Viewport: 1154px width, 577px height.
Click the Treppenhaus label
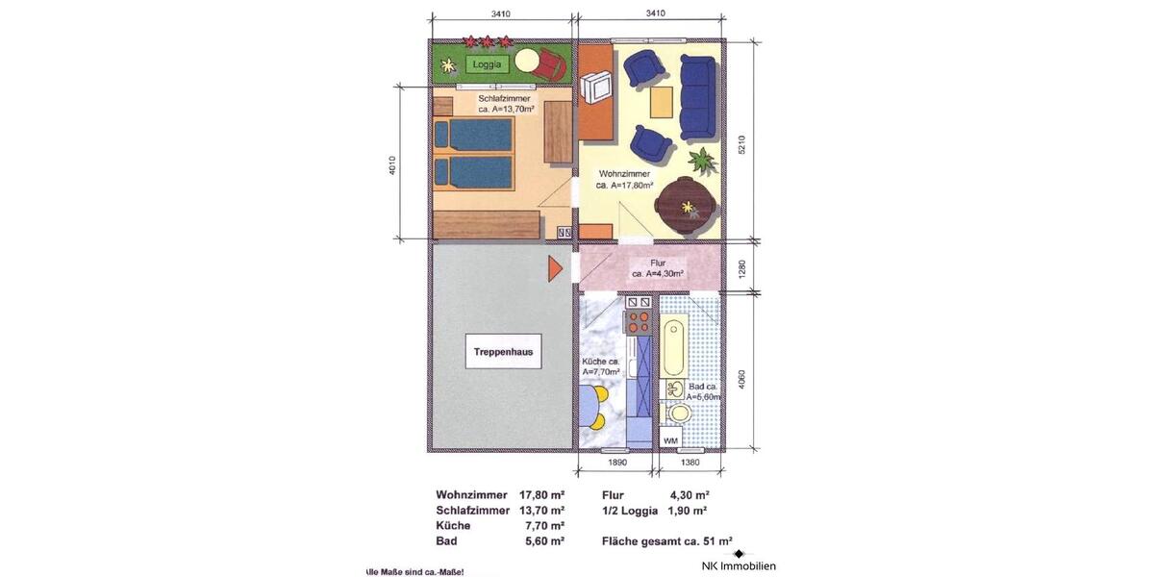pos(503,353)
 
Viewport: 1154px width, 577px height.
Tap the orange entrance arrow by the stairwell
pos(555,268)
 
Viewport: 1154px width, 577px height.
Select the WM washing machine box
pos(670,439)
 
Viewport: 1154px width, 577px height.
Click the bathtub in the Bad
pos(674,349)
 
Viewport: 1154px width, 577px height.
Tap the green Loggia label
pos(488,64)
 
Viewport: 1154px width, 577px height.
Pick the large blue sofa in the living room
pos(697,96)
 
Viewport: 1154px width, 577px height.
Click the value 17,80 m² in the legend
pos(541,494)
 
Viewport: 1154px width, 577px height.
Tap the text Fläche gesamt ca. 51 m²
pos(667,540)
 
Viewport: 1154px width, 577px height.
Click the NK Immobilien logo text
pos(739,565)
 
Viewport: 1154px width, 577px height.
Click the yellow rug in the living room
pos(662,101)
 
